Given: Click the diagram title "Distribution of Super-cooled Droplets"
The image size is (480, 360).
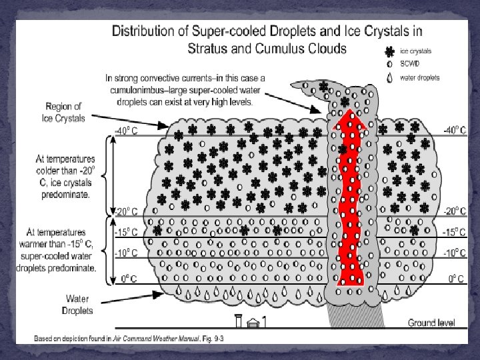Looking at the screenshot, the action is click(x=266, y=31).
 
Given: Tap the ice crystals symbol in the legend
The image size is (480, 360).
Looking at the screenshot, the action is click(x=389, y=51).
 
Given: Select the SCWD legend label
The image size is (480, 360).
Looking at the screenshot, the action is click(x=409, y=64).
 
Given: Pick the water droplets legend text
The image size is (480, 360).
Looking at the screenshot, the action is click(x=419, y=77).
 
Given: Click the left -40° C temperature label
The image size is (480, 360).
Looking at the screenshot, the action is click(x=127, y=131).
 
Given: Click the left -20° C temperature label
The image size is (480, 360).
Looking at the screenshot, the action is click(x=127, y=212).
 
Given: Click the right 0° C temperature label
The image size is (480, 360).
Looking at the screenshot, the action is click(x=457, y=279).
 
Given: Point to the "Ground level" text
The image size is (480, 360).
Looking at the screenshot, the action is click(x=431, y=323).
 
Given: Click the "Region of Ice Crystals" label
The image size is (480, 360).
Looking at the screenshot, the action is click(x=64, y=112).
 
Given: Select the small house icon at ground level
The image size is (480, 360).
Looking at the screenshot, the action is click(x=252, y=323).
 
